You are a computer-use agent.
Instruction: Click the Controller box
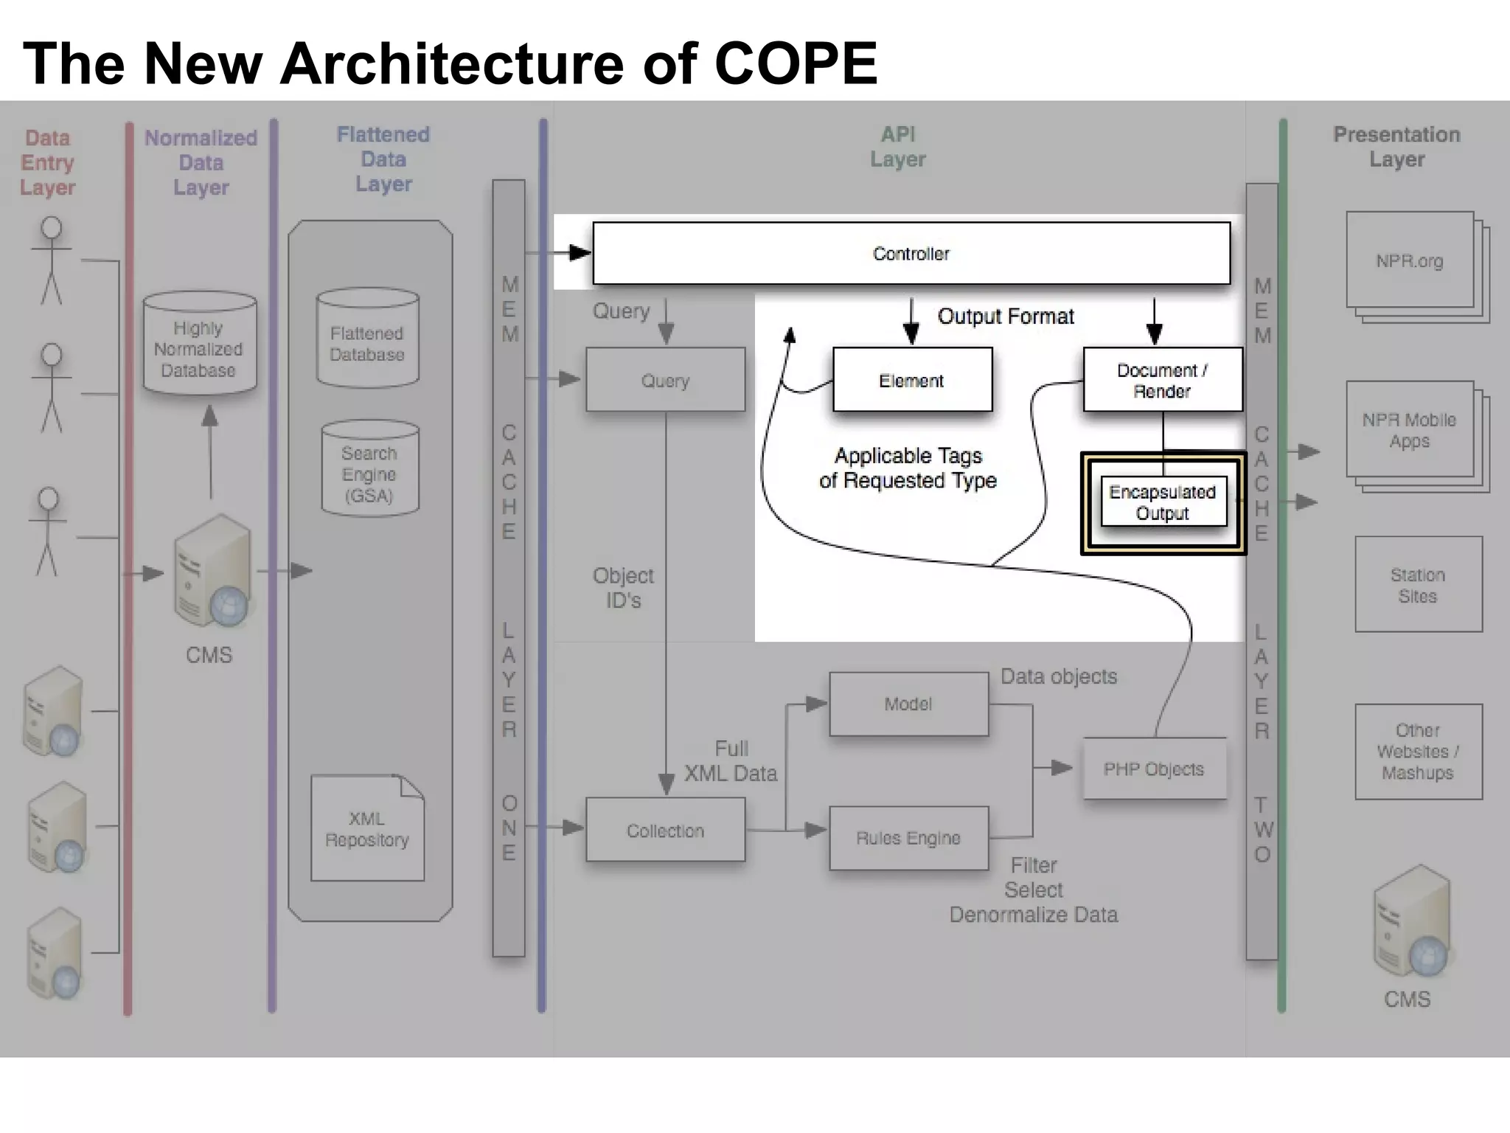[911, 254]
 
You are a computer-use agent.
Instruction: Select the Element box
[912, 380]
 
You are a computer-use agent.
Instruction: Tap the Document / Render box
[1162, 380]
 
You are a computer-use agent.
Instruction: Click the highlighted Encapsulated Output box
[1163, 502]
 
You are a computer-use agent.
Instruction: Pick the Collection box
[665, 831]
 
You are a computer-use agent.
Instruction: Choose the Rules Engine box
[908, 838]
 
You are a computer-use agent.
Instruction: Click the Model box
[908, 704]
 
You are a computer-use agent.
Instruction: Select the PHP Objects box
[1154, 769]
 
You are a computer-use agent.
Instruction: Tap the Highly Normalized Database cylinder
[199, 347]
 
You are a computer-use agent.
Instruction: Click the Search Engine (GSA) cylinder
[369, 472]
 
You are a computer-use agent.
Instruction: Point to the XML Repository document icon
[367, 829]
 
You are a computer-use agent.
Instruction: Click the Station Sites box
[1418, 585]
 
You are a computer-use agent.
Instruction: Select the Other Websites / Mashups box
[1418, 752]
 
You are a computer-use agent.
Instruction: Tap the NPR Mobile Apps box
[1409, 430]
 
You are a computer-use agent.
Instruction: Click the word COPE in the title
[796, 63]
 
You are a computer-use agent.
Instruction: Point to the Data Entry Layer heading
[48, 162]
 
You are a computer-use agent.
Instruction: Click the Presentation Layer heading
[1396, 147]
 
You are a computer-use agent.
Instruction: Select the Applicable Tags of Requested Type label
[908, 468]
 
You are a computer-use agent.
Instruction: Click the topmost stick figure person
[51, 260]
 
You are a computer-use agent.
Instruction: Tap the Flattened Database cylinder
[367, 341]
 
